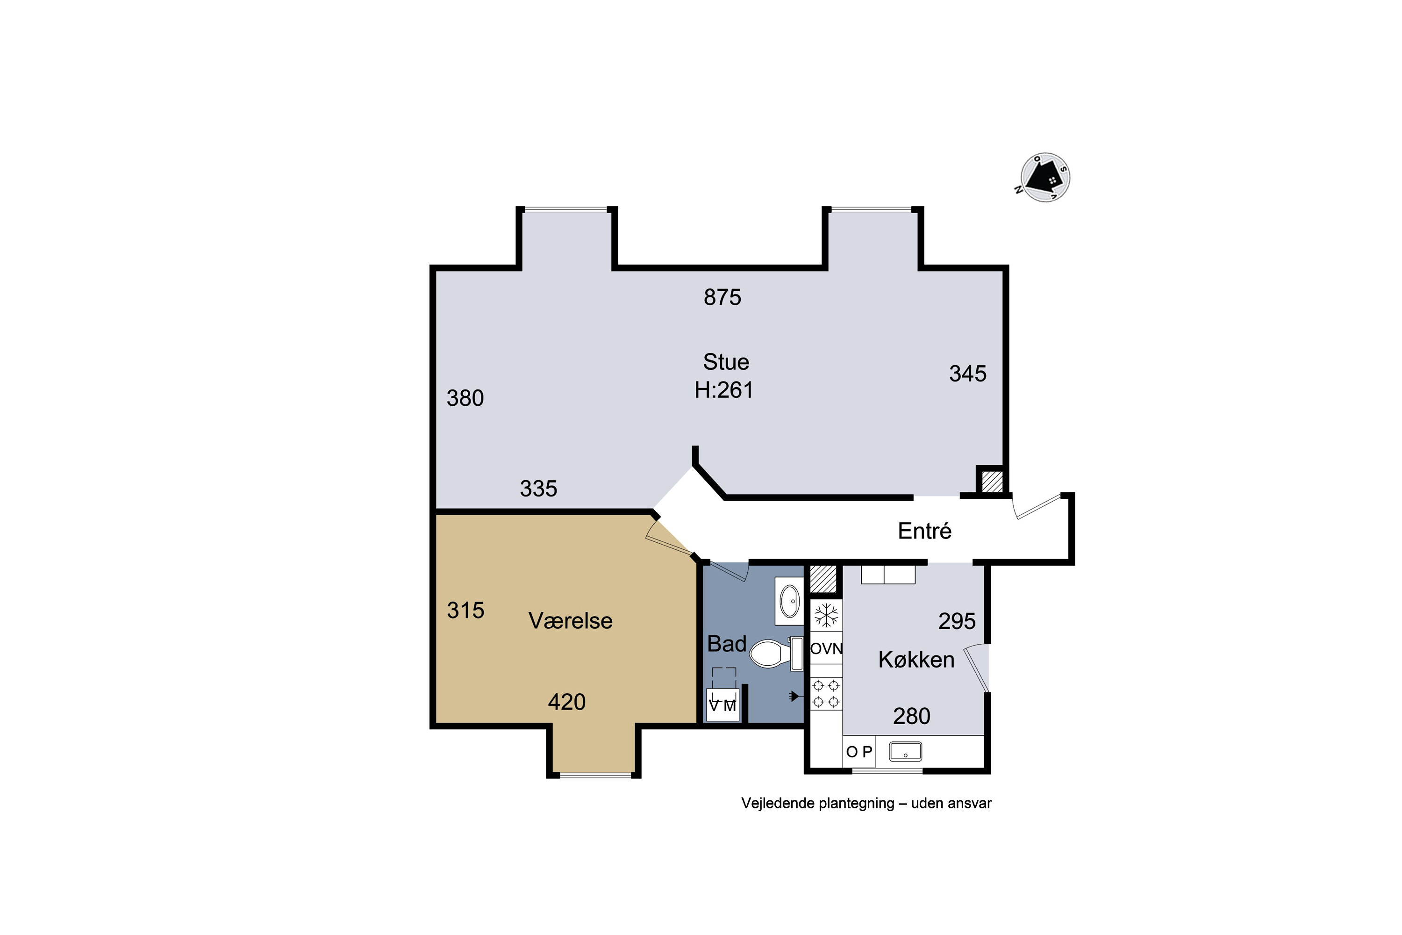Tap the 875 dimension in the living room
pos(722,297)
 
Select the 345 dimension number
pos(967,374)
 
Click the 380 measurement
pos(465,398)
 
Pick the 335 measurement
pos(538,489)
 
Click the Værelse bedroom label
pos(571,621)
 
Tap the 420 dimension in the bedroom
pos(567,703)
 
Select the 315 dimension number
pos(465,611)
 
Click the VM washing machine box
pos(722,705)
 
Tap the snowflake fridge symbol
pos(826,615)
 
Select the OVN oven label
pos(826,649)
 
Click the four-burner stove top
pos(826,694)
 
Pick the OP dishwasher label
pos(859,752)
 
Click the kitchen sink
pos(906,751)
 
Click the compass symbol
pos(1045,178)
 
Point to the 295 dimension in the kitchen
pos(957,621)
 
